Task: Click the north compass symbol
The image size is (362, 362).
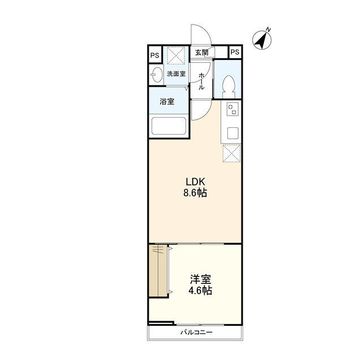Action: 262,39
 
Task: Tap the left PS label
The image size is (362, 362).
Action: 155,55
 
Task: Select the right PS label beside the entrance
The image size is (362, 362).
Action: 235,52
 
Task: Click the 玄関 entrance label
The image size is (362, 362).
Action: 201,53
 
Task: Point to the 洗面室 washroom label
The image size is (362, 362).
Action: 176,74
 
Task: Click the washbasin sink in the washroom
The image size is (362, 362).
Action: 156,74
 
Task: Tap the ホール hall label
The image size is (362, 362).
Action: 201,81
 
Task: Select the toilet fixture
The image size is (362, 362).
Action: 229,87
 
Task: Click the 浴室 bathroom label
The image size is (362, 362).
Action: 167,102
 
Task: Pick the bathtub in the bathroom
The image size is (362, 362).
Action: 169,126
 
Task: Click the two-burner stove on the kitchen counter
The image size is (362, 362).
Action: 232,109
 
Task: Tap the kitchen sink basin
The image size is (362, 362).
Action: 232,133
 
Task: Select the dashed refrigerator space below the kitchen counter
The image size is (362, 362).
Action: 231,153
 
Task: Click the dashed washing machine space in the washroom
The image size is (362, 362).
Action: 176,55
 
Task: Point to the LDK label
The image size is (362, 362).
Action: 195,182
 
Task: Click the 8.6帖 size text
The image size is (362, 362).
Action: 195,193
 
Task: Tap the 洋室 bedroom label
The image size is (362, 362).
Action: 200,279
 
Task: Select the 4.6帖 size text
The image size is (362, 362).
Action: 200,291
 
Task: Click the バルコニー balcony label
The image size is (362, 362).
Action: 196,333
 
